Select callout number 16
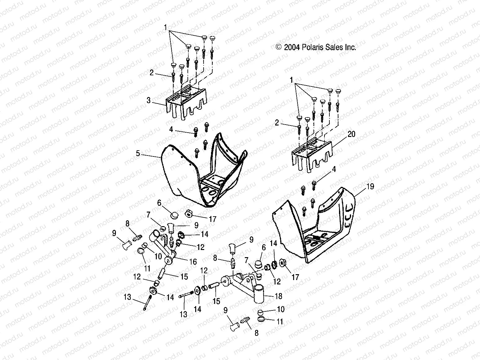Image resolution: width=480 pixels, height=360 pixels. (x=193, y=262)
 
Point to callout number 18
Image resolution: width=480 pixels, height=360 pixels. (x=278, y=296)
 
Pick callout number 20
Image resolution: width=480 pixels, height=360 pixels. (x=351, y=134)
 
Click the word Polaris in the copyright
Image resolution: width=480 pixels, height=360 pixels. (x=313, y=47)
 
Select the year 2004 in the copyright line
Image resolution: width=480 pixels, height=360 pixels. (x=292, y=47)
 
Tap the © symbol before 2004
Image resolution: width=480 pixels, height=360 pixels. (x=278, y=47)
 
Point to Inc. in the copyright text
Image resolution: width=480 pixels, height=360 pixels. (x=350, y=47)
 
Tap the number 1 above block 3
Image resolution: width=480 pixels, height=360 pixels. (x=166, y=28)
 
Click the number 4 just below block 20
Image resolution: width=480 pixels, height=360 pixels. (x=334, y=169)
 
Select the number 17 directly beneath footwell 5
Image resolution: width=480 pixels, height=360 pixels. (x=212, y=219)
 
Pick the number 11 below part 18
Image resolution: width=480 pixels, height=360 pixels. (x=280, y=322)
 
